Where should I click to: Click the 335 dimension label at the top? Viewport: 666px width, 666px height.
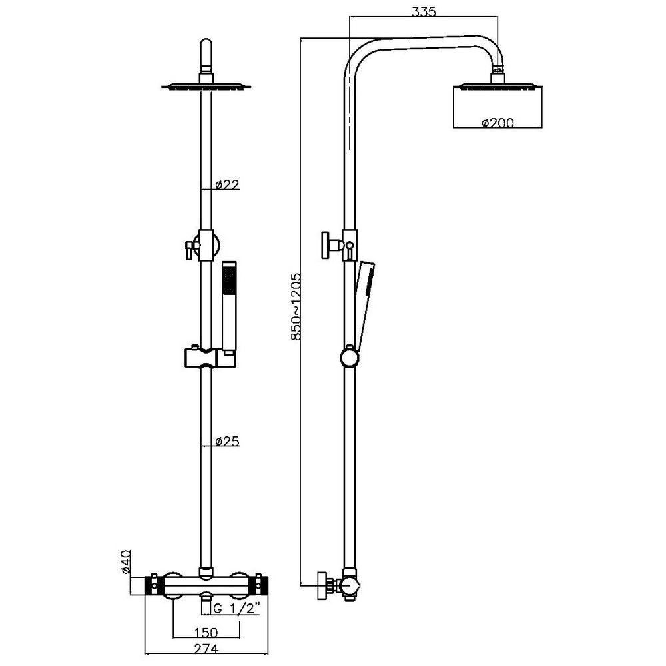point(424,12)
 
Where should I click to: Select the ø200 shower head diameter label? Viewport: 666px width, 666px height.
point(495,123)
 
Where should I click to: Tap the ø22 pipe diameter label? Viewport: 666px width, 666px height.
point(228,185)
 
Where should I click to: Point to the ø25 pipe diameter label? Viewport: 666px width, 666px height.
point(228,441)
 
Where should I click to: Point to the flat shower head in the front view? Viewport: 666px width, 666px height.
point(206,85)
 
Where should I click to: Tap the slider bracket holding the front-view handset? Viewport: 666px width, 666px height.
point(206,357)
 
